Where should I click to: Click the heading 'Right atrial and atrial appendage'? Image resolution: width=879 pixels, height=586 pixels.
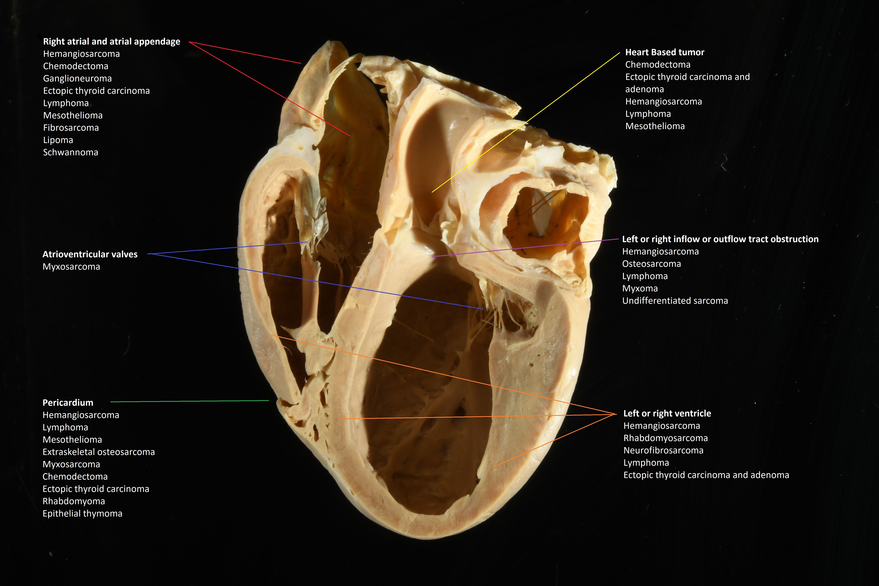click(111, 42)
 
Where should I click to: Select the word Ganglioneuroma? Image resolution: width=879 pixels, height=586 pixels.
click(77, 78)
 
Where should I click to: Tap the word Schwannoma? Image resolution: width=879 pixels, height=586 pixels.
click(71, 152)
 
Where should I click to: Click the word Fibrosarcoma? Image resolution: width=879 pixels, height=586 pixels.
click(71, 128)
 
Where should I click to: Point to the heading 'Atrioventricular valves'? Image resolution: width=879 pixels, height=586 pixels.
click(90, 254)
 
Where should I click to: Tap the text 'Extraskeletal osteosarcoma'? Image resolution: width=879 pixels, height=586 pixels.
click(99, 452)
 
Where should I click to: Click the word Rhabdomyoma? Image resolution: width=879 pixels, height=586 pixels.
click(74, 502)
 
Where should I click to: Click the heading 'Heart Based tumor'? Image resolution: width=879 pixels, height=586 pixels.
click(664, 52)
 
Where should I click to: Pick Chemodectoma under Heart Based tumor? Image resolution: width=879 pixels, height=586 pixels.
click(658, 65)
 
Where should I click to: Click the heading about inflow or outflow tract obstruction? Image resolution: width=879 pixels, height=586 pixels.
click(720, 239)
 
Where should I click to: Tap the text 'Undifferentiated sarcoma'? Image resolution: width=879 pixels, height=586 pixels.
click(675, 301)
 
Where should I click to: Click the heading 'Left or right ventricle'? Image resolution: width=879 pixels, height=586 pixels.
click(667, 413)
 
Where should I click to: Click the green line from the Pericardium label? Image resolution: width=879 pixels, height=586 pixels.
click(190, 401)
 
